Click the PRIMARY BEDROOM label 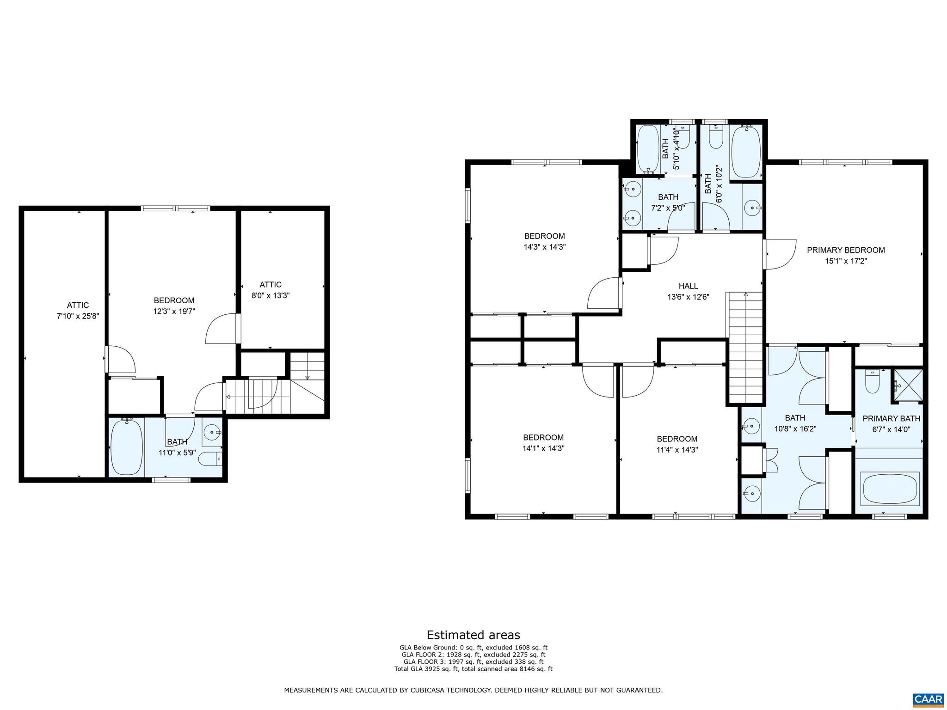(846, 250)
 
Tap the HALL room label (688, 286)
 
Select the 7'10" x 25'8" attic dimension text (78, 316)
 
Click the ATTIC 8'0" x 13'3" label (271, 290)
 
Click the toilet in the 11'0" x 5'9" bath (209, 459)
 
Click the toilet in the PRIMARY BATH (872, 383)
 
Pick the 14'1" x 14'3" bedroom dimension (543, 448)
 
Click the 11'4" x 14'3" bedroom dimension (677, 450)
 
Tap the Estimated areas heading (473, 635)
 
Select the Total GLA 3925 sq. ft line (473, 668)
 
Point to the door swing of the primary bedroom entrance (781, 254)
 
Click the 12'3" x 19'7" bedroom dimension (174, 312)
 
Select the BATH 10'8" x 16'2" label (795, 423)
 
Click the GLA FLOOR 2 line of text (473, 655)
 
